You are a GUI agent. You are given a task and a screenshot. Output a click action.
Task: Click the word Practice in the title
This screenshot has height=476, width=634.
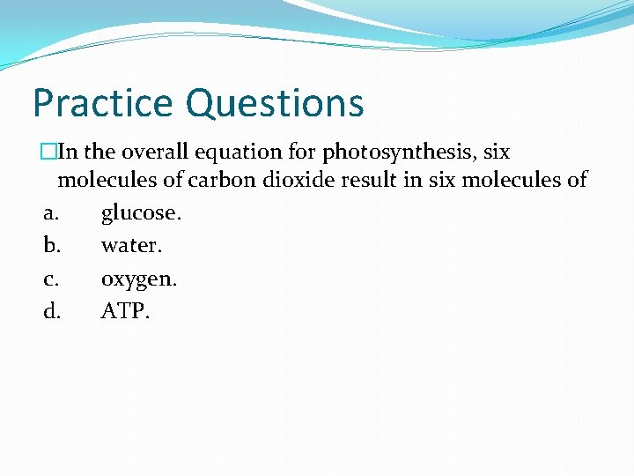coord(104,102)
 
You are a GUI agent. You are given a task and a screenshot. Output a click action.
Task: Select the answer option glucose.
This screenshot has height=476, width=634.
coord(141,213)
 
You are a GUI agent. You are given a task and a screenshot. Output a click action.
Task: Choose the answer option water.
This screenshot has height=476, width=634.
coord(129,246)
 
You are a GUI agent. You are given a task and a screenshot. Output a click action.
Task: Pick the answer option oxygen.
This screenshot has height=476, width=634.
coord(139,279)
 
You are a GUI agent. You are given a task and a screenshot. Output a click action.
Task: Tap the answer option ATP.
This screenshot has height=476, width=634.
coord(125,311)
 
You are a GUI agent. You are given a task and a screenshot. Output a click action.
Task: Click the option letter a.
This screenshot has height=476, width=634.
coord(50,213)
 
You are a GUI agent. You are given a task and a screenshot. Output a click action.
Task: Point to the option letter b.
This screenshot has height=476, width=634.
coord(50,246)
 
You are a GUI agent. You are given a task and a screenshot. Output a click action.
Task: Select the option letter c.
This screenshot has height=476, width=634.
coord(50,279)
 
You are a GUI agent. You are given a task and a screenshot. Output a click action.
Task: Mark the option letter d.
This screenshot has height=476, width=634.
coord(51,311)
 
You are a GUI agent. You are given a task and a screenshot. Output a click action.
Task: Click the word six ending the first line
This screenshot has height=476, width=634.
coord(496,152)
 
